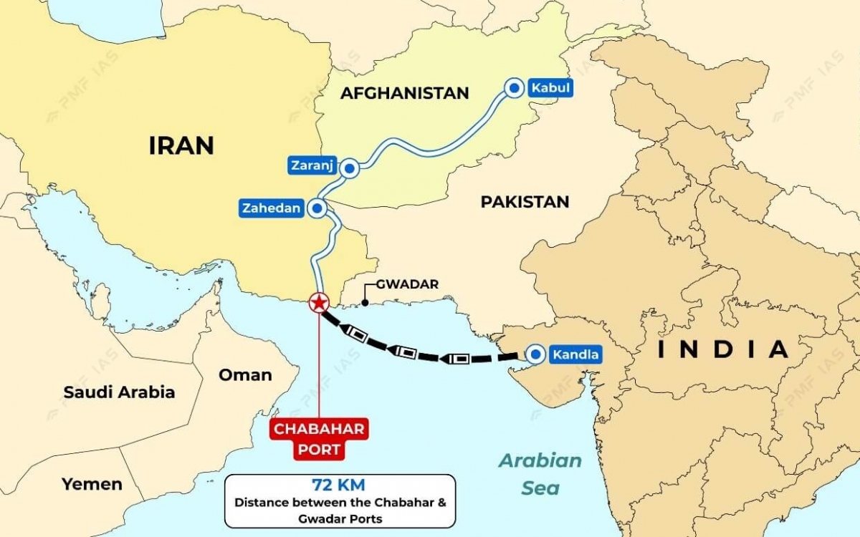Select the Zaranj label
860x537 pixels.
coord(312,165)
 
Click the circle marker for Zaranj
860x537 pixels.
coord(350,168)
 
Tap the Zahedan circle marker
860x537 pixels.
coord(316,208)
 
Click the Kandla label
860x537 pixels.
coord(575,354)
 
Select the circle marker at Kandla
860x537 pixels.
coord(535,354)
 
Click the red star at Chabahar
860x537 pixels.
coord(318,303)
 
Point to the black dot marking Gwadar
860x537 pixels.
coord(365,303)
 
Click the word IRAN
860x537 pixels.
coord(181,145)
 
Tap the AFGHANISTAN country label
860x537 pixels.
coord(404,92)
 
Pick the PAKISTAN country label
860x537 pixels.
coord(525,202)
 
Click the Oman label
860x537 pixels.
coord(245,374)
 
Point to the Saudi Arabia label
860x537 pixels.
coord(119,392)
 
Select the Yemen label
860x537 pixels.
coord(92,484)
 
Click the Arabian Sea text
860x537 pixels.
coord(540,473)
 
